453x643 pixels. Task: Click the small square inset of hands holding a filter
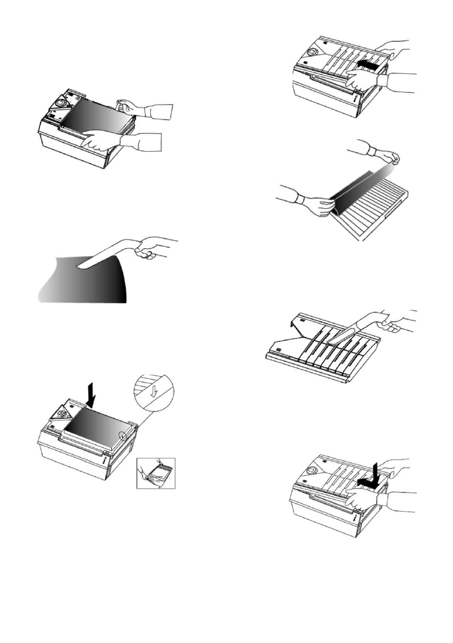click(x=156, y=473)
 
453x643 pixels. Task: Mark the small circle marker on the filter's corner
click(x=123, y=436)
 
